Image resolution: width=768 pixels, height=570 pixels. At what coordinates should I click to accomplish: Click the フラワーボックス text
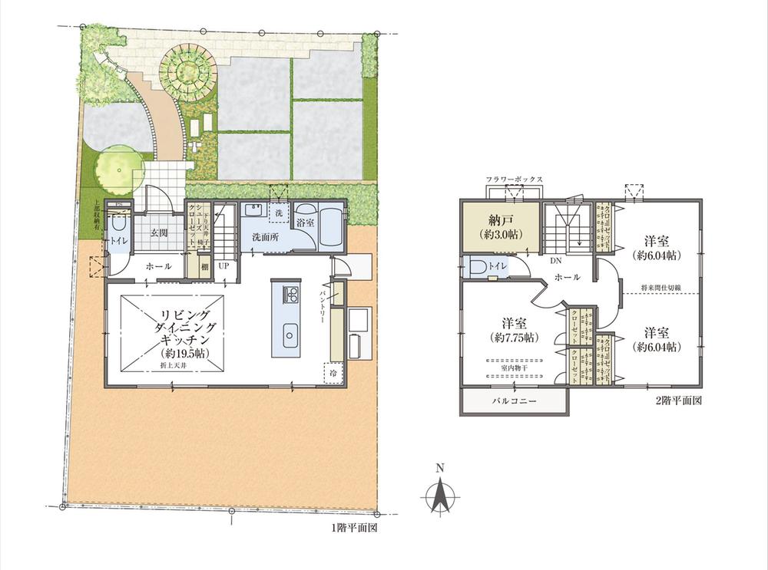point(514,180)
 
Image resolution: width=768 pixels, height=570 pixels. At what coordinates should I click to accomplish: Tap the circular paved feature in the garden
point(187,70)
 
